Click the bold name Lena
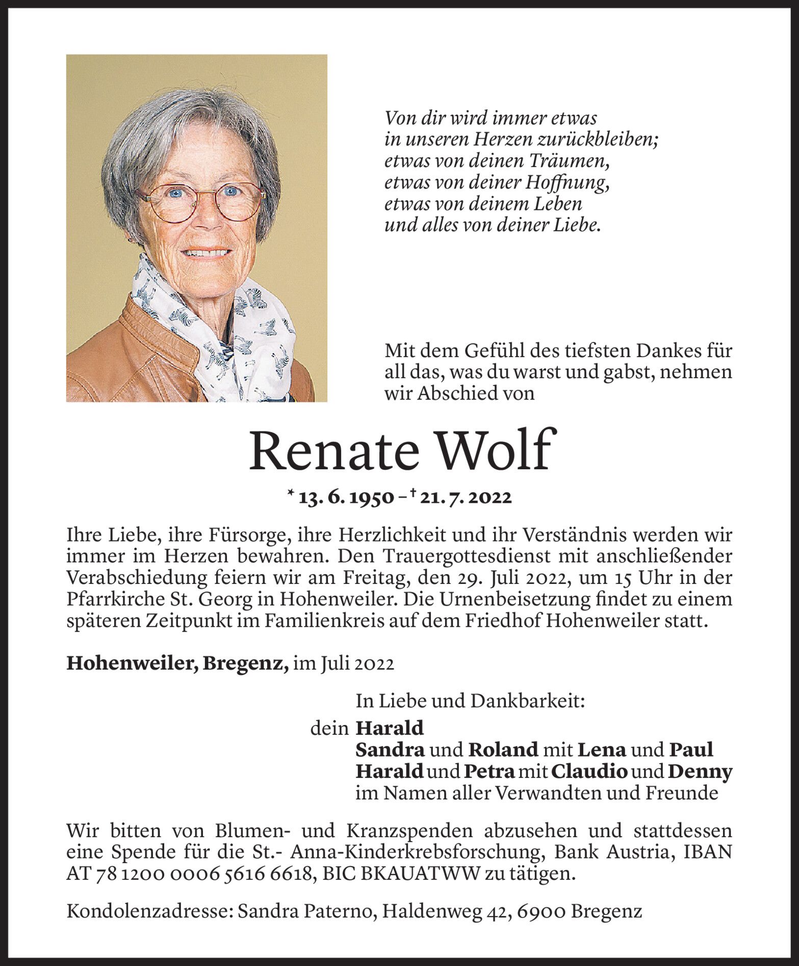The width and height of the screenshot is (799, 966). (601, 749)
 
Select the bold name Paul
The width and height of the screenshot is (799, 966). (690, 749)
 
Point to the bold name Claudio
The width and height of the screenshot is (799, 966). (588, 771)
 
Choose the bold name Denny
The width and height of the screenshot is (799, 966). (700, 771)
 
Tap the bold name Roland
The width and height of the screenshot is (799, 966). (503, 749)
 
